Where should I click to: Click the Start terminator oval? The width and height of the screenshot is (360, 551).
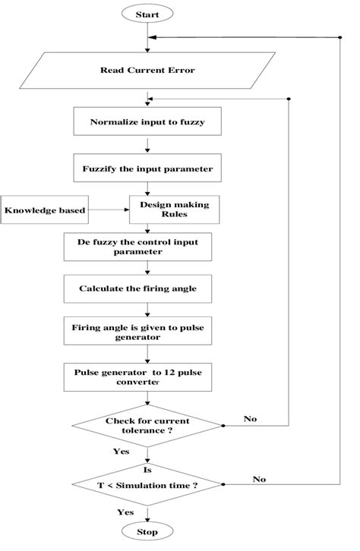[147, 14]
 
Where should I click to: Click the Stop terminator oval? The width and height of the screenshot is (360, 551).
[147, 532]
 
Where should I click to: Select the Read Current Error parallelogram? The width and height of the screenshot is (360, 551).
[147, 70]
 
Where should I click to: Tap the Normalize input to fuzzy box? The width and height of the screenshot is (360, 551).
[147, 122]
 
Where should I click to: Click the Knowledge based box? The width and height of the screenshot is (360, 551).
[44, 209]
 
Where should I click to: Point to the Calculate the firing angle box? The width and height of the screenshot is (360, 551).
[147, 288]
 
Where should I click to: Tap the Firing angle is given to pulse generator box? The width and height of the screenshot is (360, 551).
[147, 332]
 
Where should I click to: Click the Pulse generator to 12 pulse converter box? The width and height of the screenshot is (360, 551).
[147, 377]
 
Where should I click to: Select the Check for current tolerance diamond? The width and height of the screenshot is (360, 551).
[147, 426]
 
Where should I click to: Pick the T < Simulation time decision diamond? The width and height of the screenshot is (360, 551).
[147, 483]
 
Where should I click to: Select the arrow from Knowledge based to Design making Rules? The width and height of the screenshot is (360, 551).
[108, 209]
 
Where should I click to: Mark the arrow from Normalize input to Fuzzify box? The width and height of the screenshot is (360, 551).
[147, 145]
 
